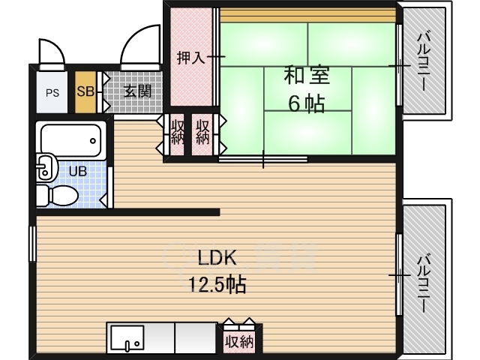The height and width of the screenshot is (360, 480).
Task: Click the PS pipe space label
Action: point(52,93)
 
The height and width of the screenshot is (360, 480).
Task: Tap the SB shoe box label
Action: point(85,91)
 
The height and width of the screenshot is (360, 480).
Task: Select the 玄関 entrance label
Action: point(138,91)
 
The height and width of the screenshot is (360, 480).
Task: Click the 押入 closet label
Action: point(191,58)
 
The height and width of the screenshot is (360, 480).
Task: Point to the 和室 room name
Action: point(307,75)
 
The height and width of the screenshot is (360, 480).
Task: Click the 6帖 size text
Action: point(307,104)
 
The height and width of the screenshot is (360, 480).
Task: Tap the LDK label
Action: point(217,258)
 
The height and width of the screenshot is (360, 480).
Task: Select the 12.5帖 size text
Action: point(217,285)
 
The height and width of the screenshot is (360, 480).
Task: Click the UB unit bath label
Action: point(78,172)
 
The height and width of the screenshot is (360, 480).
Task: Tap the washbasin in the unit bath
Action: point(46,166)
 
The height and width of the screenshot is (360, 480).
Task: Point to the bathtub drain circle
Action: point(93,141)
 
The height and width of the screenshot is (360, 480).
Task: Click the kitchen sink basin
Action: point(127,338)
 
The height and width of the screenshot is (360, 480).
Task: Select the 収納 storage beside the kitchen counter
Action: point(239,341)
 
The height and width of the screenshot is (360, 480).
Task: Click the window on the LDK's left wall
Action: point(33,244)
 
